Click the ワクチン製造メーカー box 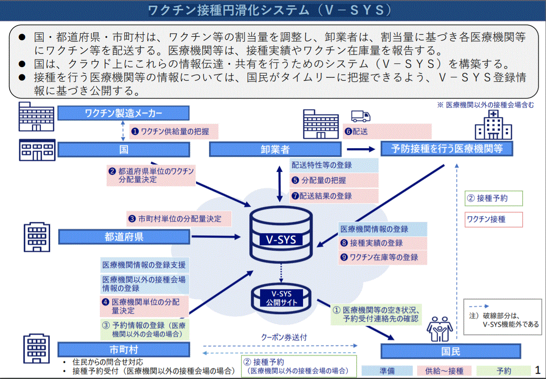[x=123, y=113]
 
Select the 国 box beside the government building [x=123, y=149]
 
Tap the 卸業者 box [x=275, y=149]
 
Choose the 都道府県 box [x=124, y=237]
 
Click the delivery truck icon [x=361, y=116]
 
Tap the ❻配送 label [x=387, y=132]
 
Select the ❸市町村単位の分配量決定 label [x=179, y=219]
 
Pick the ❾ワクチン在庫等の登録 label [x=383, y=257]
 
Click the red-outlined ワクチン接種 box [x=493, y=220]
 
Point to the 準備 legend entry [x=387, y=370]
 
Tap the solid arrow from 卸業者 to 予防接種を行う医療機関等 [x=360, y=149]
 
